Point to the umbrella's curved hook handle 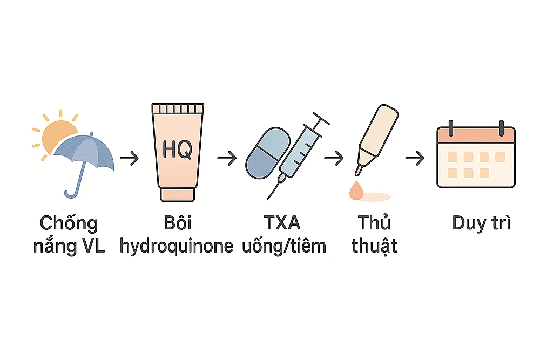72,193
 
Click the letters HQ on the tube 177,149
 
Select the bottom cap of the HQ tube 177,195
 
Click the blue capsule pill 268,153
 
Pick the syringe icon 298,155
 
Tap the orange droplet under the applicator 356,191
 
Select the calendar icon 476,154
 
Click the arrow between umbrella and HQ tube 130,158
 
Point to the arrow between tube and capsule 227,158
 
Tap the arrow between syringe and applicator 334,158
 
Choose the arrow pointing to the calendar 415,158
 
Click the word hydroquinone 177,247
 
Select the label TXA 282,223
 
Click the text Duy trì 481,223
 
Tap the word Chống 69,223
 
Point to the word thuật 375,247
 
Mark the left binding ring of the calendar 451,128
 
